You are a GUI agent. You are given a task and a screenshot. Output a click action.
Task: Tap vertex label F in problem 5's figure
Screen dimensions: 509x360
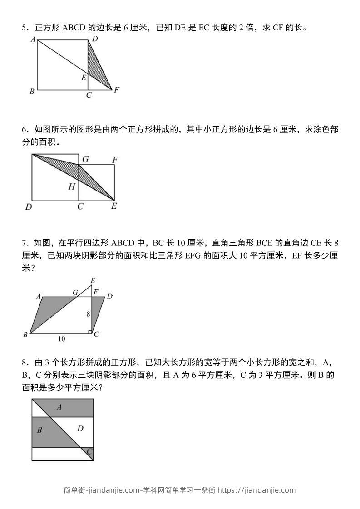pyautogui.click(x=117, y=90)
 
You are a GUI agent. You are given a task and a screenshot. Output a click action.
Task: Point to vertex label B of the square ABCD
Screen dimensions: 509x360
pyautogui.click(x=32, y=92)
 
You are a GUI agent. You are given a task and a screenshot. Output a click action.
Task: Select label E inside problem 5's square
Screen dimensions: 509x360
pyautogui.click(x=84, y=78)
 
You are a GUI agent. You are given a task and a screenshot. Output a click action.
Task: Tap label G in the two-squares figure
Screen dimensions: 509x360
pyautogui.click(x=85, y=159)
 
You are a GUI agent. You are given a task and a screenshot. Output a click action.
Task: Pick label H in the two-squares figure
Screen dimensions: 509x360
pyautogui.click(x=72, y=186)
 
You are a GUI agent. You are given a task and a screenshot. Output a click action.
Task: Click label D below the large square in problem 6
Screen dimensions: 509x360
pyautogui.click(x=29, y=207)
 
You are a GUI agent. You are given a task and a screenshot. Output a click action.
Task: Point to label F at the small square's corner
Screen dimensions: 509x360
pyautogui.click(x=115, y=160)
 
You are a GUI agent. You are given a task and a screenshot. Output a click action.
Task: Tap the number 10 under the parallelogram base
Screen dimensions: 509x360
pyautogui.click(x=61, y=338)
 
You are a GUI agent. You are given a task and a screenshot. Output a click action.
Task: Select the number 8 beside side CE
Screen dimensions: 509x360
pyautogui.click(x=88, y=314)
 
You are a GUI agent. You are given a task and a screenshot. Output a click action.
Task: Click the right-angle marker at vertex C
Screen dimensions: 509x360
pyautogui.click(x=89, y=332)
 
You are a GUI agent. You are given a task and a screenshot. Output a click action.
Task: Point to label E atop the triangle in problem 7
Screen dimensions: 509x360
pyautogui.click(x=93, y=281)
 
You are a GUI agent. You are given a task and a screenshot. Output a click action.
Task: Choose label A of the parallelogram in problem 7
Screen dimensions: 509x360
pyautogui.click(x=39, y=297)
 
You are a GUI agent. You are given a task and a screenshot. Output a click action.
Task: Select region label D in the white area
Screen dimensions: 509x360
pyautogui.click(x=80, y=428)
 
